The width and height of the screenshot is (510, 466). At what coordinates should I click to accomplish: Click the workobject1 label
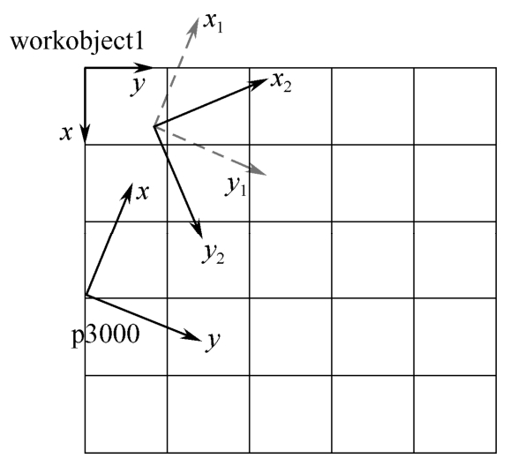click(x=77, y=42)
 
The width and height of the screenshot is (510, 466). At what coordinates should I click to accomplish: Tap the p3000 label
click(x=105, y=335)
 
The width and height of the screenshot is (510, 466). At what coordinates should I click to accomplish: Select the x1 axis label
click(x=214, y=23)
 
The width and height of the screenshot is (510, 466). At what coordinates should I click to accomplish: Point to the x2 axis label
click(x=281, y=82)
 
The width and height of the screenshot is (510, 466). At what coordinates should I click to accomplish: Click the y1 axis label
click(x=236, y=186)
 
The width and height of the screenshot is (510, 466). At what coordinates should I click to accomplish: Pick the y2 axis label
click(x=214, y=253)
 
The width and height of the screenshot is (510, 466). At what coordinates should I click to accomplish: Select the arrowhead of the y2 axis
click(x=198, y=229)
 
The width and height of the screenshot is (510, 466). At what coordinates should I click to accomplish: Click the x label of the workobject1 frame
click(x=65, y=133)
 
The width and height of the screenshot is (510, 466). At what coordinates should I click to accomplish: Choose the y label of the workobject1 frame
click(x=138, y=86)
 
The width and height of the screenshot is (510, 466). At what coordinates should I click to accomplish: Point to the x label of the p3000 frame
click(x=142, y=192)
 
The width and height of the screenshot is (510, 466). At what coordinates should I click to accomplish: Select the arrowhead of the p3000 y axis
click(x=191, y=335)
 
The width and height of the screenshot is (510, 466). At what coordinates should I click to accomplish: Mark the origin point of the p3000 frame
click(x=86, y=295)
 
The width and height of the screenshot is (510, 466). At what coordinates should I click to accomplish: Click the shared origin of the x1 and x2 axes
click(x=154, y=126)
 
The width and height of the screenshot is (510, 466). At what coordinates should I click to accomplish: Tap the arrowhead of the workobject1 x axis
click(x=85, y=134)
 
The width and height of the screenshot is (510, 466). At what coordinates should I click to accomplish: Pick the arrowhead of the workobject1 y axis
click(x=143, y=68)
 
